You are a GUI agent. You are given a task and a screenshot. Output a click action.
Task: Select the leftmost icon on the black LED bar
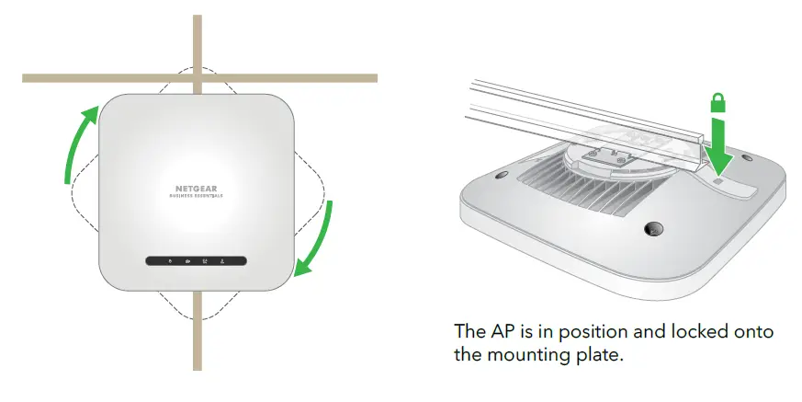click(168, 261)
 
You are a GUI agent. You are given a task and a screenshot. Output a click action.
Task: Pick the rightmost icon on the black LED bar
click(223, 261)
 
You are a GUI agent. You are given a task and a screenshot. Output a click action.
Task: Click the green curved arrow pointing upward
click(79, 143)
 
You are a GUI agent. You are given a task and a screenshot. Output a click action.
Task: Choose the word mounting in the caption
click(527, 354)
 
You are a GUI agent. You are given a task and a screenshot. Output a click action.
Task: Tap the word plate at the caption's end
click(600, 354)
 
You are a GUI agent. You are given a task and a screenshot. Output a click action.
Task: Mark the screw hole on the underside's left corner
click(502, 174)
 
